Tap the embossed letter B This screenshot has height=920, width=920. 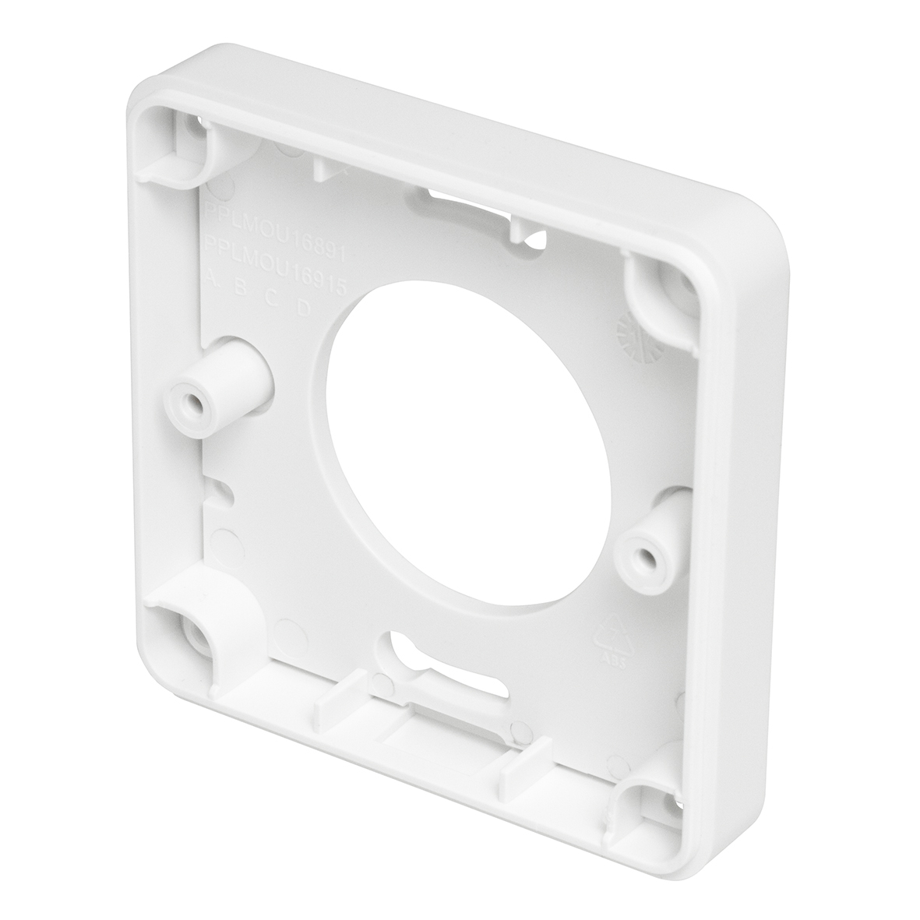[241, 289]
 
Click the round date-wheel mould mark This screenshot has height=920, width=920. [632, 336]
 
